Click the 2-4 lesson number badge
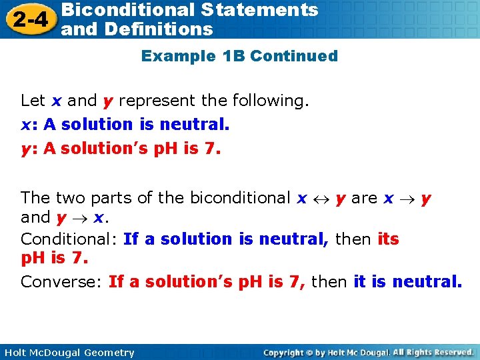click(28, 19)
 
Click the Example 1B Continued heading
click(239, 56)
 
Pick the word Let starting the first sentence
click(33, 101)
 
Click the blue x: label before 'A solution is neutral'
click(29, 125)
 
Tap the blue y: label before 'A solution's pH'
click(29, 149)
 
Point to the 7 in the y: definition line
click(209, 149)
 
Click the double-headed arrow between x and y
click(321, 199)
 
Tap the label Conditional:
click(69, 239)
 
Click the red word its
click(388, 239)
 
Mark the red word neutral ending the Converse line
click(426, 282)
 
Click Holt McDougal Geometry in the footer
click(68, 353)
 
